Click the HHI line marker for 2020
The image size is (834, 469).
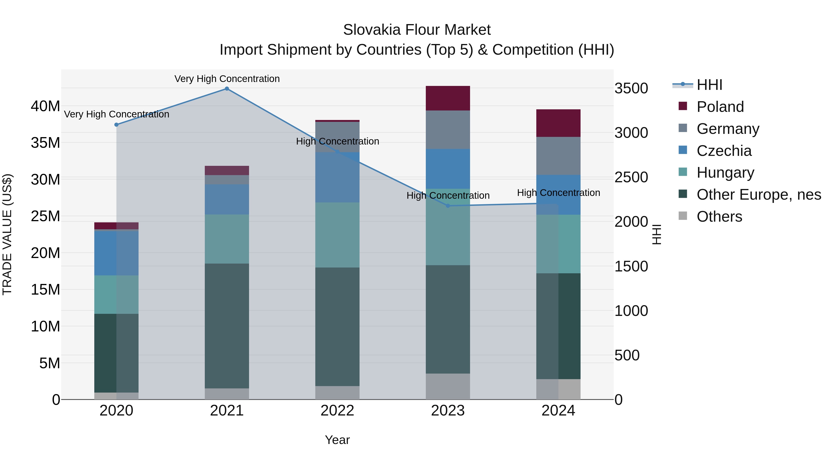coord(117,125)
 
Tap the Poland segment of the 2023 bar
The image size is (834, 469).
coord(448,98)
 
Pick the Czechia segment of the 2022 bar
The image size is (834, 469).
coord(337,177)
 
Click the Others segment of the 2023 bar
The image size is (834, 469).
coord(448,387)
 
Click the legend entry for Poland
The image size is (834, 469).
coord(720,107)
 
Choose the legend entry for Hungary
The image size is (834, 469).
coord(725,173)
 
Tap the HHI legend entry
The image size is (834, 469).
coord(709,85)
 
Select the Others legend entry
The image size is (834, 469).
coord(719,217)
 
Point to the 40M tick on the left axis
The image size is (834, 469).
coord(45,106)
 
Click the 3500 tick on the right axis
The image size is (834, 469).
coord(631,88)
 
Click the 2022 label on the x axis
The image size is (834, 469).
coord(337,411)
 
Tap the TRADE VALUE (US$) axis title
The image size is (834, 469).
coord(7,234)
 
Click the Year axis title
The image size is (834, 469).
coord(337,440)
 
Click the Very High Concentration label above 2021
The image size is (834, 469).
coord(227,79)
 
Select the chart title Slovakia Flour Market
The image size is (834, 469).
coord(417,30)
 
